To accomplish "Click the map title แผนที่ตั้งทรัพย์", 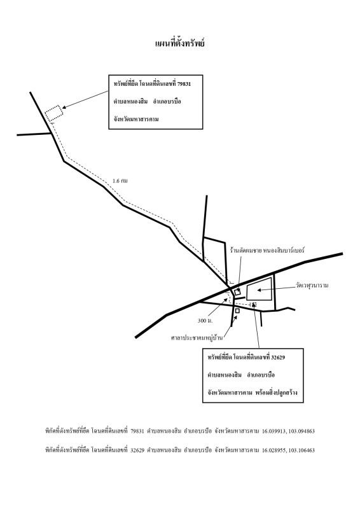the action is (x=180, y=43).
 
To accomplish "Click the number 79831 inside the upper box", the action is (x=184, y=84).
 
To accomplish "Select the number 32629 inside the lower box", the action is (x=278, y=358).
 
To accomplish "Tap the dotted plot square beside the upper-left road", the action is (x=53, y=114).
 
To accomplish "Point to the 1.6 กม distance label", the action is (x=120, y=181).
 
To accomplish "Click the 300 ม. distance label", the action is (x=205, y=321).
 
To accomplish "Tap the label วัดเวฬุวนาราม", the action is (x=312, y=286).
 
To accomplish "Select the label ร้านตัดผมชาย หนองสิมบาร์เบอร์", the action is (x=267, y=251).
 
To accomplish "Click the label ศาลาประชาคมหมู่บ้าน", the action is (x=197, y=338).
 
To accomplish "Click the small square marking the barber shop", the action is (x=237, y=292).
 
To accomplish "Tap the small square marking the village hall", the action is (x=237, y=310).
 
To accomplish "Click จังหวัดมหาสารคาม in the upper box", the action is (x=136, y=119).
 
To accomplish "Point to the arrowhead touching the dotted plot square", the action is (x=64, y=108).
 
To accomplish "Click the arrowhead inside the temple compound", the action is (x=259, y=290).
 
